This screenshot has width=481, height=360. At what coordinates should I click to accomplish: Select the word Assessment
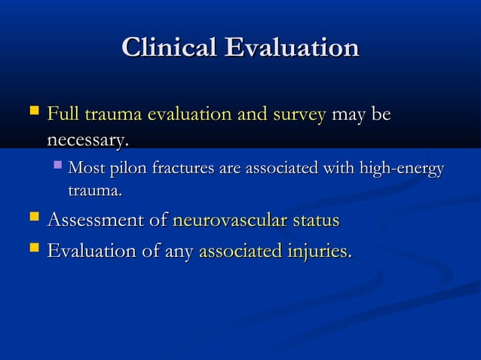click(x=97, y=221)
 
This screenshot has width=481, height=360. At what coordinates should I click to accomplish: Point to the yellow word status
click(x=314, y=221)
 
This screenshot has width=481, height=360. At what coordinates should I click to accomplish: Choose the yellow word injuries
click(x=319, y=250)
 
